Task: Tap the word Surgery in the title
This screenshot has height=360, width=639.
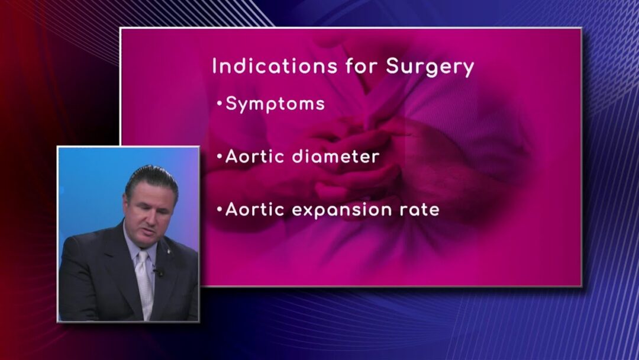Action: (430, 67)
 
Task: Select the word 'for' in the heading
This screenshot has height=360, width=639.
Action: (362, 66)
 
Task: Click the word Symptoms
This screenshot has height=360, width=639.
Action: (275, 104)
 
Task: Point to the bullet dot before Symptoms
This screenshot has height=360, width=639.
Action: (220, 104)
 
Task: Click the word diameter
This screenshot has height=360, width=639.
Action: (336, 156)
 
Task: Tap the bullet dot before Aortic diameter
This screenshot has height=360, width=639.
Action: (220, 156)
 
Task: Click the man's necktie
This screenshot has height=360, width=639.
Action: (144, 284)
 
